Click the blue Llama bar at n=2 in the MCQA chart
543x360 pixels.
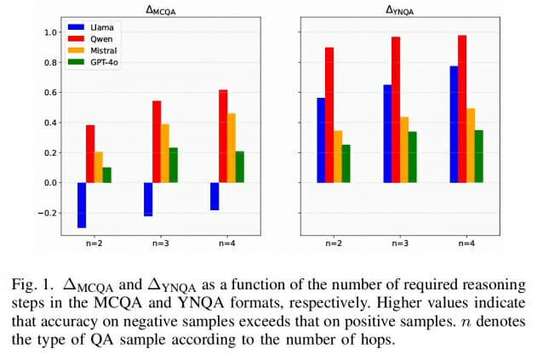click(x=82, y=205)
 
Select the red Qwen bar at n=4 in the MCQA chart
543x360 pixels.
click(x=223, y=136)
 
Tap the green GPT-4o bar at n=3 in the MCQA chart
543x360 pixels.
click(x=174, y=165)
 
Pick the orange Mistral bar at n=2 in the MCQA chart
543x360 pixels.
click(x=98, y=167)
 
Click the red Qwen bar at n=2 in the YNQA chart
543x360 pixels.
click(x=329, y=115)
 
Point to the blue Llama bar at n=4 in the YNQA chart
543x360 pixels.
click(x=454, y=124)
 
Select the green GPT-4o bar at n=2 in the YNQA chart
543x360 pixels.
click(x=346, y=163)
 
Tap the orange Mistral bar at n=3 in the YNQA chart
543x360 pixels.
click(x=404, y=150)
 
